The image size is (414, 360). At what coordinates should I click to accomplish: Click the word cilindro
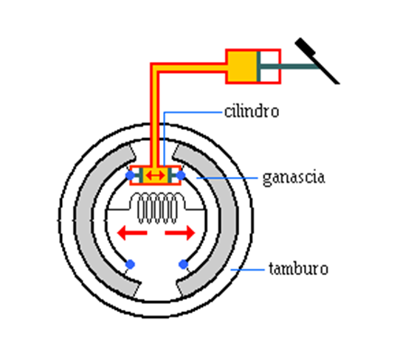tap(252, 111)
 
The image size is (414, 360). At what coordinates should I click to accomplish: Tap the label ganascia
tap(294, 178)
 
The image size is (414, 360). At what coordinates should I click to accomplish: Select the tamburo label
tap(298, 269)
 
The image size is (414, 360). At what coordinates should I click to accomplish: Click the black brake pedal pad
tap(305, 46)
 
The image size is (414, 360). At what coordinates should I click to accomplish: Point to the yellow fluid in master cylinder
tap(242, 66)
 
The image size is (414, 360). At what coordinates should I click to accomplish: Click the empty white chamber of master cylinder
tap(269, 66)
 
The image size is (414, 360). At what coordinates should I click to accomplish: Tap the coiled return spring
tap(158, 208)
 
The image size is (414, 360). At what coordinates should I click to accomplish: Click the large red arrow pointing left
tap(132, 233)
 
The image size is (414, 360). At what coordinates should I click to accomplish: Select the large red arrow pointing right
tap(180, 233)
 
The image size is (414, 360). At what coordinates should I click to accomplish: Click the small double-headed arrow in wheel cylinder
tap(155, 176)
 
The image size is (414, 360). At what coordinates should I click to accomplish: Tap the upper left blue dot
tap(130, 176)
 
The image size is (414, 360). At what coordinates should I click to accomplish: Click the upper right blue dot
tap(181, 176)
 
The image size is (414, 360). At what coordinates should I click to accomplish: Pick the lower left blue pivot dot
tap(130, 264)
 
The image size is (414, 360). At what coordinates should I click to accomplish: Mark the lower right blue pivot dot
tap(183, 264)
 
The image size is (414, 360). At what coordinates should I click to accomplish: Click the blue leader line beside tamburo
tap(248, 270)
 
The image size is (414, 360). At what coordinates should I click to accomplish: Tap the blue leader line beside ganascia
tap(227, 178)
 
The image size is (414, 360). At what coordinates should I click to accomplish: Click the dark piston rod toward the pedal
tap(289, 66)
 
